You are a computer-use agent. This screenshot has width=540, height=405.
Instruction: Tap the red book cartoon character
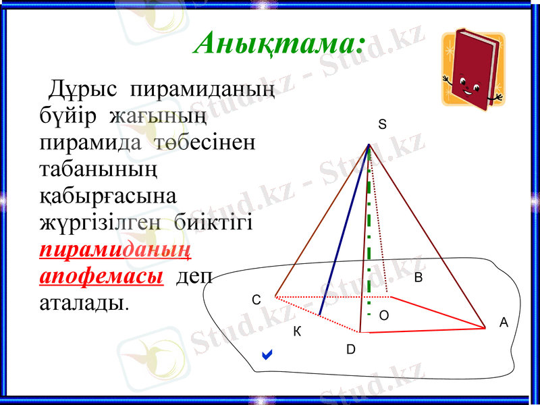[x=473, y=67]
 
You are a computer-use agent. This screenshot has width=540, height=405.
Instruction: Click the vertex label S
[x=382, y=125]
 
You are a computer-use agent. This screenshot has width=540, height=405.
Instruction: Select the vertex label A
[x=503, y=323]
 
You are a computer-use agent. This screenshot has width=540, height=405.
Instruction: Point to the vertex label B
[x=418, y=277]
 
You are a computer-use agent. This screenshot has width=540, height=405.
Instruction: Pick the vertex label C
[x=256, y=300]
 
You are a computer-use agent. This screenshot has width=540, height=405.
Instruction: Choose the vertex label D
[x=351, y=349]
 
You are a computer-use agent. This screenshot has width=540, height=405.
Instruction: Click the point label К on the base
[x=296, y=332]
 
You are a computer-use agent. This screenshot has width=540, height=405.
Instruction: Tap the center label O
[x=383, y=315]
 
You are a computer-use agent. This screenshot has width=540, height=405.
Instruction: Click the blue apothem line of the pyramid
[x=344, y=230]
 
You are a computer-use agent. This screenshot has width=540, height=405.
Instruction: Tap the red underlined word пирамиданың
[x=115, y=250]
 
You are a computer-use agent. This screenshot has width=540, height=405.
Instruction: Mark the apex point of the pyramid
[x=369, y=144]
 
